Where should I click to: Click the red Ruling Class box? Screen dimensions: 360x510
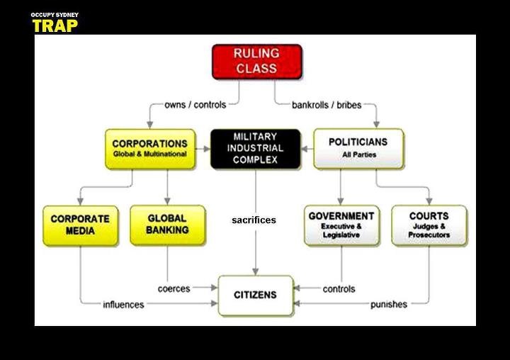pyautogui.click(x=257, y=62)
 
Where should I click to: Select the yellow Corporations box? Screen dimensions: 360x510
pyautogui.click(x=149, y=148)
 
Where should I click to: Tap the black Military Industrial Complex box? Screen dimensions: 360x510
pyautogui.click(x=254, y=148)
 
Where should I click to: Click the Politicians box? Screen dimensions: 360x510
pyautogui.click(x=358, y=148)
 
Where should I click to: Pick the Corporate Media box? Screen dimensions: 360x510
pyautogui.click(x=80, y=225)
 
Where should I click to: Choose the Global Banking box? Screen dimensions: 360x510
pyautogui.click(x=167, y=225)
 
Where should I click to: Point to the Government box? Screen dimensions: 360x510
pyautogui.click(x=341, y=225)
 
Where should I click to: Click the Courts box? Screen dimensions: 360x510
pyautogui.click(x=429, y=225)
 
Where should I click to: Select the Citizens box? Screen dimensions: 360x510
pyautogui.click(x=255, y=295)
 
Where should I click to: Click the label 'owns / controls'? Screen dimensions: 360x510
pyautogui.click(x=195, y=105)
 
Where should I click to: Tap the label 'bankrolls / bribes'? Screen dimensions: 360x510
pyautogui.click(x=327, y=105)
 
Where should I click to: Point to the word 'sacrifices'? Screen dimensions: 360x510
pyautogui.click(x=254, y=220)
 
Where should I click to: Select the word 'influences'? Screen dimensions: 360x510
pyautogui.click(x=123, y=305)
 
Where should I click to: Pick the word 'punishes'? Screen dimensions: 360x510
pyautogui.click(x=389, y=305)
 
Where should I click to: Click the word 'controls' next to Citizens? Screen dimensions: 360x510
pyautogui.click(x=339, y=289)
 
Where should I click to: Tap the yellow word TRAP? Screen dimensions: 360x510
pyautogui.click(x=55, y=26)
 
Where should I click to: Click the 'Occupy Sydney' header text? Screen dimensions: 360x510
pyautogui.click(x=55, y=15)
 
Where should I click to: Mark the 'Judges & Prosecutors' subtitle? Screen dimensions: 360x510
pyautogui.click(x=429, y=231)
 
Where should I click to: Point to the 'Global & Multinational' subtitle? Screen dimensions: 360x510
pyautogui.click(x=149, y=154)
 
